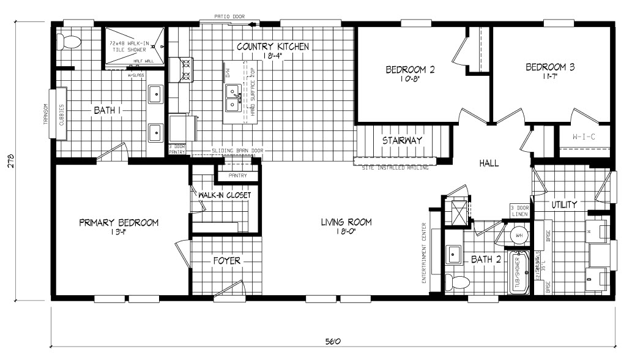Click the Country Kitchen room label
[x=272, y=47]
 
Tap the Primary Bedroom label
[x=119, y=222]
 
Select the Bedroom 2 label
[x=410, y=69]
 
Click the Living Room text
[x=346, y=222]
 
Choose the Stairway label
[x=402, y=140]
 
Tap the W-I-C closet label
[x=584, y=137]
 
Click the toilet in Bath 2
[x=454, y=282]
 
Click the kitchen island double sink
[x=234, y=99]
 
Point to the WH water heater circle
[x=519, y=235]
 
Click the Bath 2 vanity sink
[x=454, y=253]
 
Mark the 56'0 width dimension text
[x=333, y=341]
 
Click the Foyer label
[x=227, y=261]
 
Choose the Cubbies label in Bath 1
[x=61, y=113]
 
